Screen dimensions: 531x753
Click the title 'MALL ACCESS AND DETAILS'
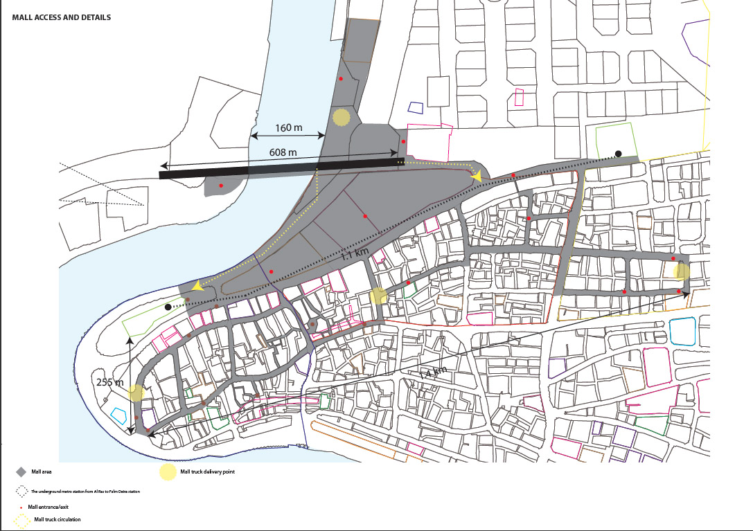[61, 17]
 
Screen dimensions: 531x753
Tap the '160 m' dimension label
[288, 127]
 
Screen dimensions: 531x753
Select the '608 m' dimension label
[283, 152]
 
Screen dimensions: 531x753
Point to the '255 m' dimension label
[109, 382]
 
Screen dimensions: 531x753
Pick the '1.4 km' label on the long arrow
[433, 372]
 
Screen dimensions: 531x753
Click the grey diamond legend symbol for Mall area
[21, 472]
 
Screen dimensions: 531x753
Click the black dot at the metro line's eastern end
[619, 154]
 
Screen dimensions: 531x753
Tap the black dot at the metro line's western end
[168, 306]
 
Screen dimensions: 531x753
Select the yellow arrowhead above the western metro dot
[197, 285]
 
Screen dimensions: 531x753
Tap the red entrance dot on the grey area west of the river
[221, 186]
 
